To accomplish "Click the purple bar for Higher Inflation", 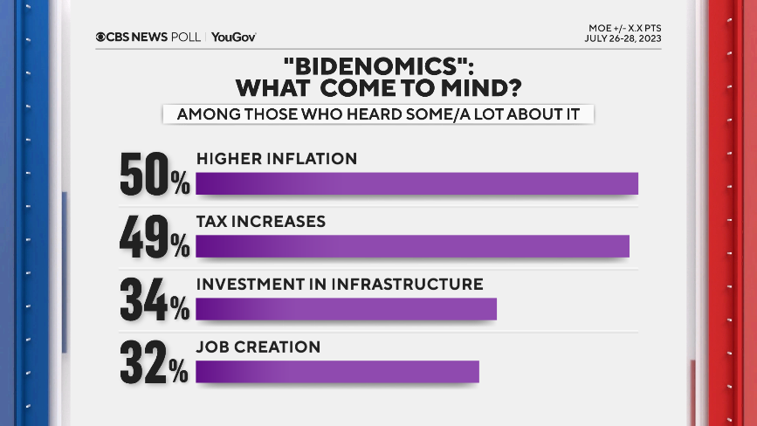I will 417,183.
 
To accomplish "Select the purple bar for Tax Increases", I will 412,246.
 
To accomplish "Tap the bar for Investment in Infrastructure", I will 346,309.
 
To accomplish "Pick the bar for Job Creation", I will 337,372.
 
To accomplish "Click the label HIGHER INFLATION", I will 277,159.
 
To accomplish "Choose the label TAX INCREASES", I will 261,222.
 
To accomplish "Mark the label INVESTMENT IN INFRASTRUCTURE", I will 340,285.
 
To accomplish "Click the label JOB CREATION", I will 258,347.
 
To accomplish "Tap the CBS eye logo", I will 101,37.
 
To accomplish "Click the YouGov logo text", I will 233,37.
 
